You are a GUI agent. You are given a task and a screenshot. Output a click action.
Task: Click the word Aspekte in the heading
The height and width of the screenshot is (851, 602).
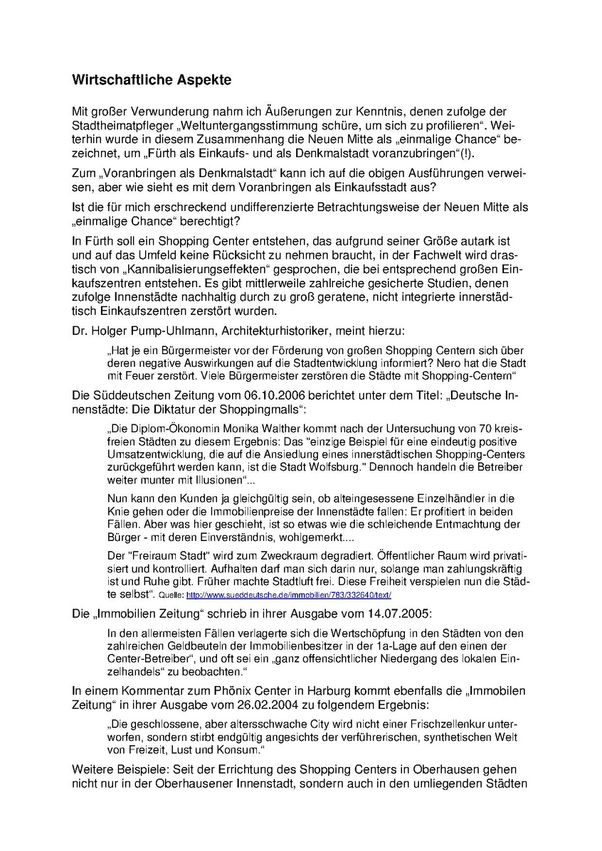pos(202,80)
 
